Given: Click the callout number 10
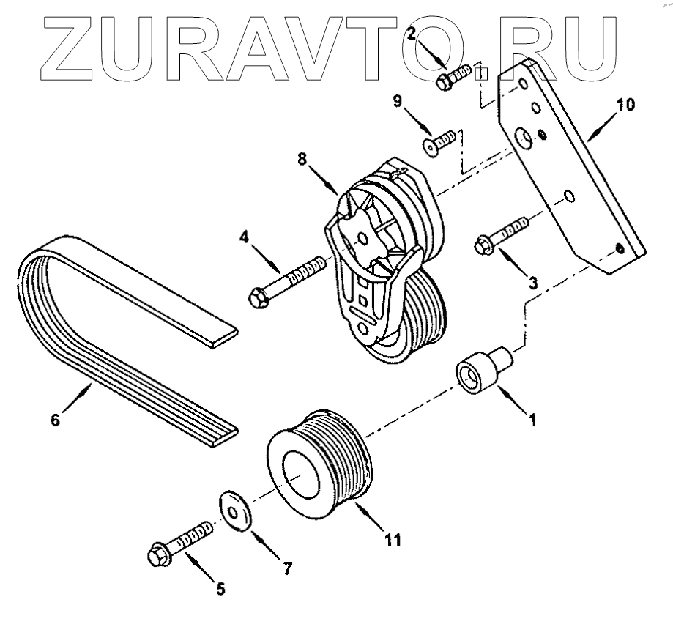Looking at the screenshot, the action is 624,105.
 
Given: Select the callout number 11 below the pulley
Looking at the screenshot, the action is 393,541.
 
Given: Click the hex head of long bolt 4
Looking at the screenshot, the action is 260,296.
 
